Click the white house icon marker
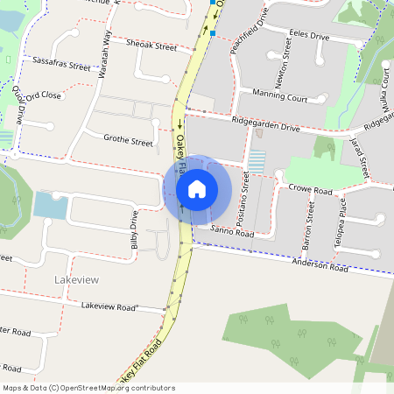[196, 188]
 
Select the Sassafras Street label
[61, 64]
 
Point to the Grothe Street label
[128, 138]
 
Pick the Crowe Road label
[311, 189]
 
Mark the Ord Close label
[44, 95]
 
